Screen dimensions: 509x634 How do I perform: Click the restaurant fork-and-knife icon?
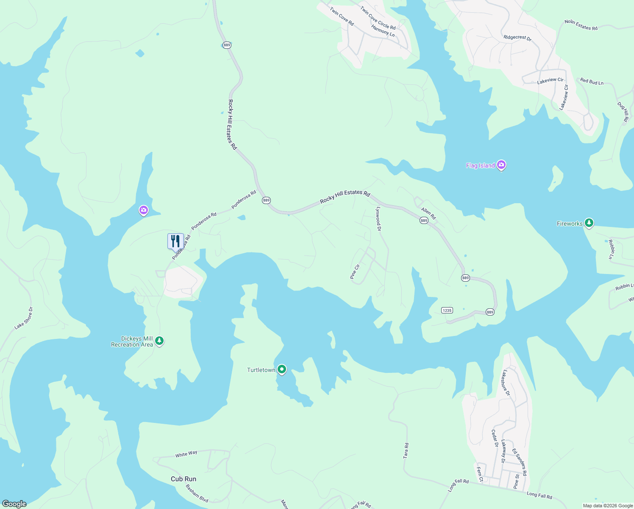click(175, 241)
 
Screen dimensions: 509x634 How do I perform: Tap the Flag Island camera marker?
click(501, 165)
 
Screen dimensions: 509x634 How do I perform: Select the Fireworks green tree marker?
click(589, 223)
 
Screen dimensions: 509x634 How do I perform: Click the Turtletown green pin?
click(281, 369)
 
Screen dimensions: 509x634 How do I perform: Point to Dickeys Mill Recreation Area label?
click(132, 342)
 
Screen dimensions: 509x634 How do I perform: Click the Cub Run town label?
click(184, 479)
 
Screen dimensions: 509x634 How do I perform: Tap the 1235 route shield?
click(447, 310)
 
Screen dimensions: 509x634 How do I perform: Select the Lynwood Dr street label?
click(379, 219)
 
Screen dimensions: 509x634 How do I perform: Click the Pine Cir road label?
click(355, 272)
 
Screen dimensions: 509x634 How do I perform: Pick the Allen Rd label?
click(428, 213)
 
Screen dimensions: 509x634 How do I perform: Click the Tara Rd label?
click(406, 450)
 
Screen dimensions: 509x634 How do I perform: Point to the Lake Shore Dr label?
click(23, 318)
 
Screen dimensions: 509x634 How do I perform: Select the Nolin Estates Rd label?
click(581, 25)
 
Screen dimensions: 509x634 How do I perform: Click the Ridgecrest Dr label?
click(517, 37)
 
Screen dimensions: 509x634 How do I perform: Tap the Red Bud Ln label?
click(592, 81)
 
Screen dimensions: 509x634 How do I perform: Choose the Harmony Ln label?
click(383, 31)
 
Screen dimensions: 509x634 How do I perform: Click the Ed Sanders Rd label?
click(519, 462)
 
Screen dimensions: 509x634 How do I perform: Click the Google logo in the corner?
click(14, 504)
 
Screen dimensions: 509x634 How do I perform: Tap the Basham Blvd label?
click(197, 494)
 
